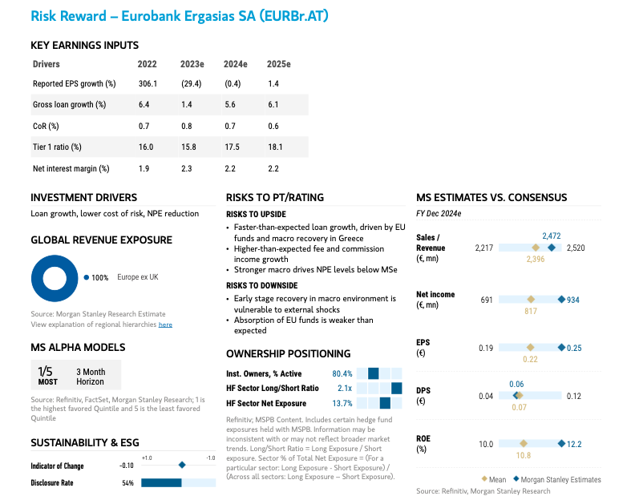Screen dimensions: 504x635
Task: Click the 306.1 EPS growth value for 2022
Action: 147,83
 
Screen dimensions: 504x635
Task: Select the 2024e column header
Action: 235,64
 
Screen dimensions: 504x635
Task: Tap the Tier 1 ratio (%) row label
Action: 57,147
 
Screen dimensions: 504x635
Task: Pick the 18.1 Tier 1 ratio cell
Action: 275,147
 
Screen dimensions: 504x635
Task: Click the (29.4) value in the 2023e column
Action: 191,83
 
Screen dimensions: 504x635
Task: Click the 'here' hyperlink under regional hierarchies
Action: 165,325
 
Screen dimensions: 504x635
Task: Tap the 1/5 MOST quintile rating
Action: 46,376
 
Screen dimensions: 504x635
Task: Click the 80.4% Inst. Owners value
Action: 342,373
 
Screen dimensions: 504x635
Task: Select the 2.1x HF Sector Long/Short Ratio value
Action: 345,388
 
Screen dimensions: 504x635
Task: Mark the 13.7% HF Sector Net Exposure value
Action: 342,403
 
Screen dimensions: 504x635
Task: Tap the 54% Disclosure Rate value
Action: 127,483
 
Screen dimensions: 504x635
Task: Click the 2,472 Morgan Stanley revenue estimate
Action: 552,236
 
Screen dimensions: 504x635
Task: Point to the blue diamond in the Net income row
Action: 561,300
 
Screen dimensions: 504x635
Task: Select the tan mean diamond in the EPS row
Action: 530,348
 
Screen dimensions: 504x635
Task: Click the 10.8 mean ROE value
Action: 523,455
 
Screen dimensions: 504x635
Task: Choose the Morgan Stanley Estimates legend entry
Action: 556,479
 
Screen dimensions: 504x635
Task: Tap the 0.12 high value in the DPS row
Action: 573,396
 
